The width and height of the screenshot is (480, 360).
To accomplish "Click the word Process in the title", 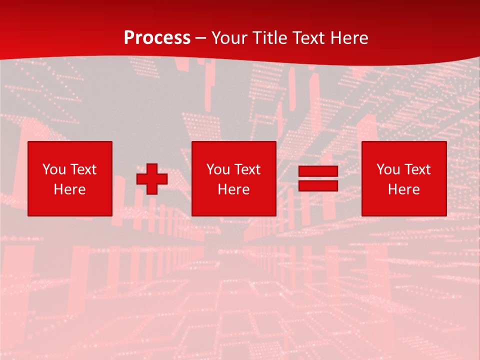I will (x=157, y=38).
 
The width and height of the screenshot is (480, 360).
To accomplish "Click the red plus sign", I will (x=152, y=179).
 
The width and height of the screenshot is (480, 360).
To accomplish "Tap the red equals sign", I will (x=318, y=178).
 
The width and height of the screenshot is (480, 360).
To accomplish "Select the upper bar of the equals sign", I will (x=318, y=171).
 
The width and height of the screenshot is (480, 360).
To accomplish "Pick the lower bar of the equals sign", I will (x=318, y=185).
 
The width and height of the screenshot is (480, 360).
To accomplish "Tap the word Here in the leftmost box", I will (x=70, y=189).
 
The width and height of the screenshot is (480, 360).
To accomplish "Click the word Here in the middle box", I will (x=234, y=189).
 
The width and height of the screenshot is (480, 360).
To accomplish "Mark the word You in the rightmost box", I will (x=388, y=169).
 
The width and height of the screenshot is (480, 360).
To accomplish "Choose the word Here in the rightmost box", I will (x=404, y=189).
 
